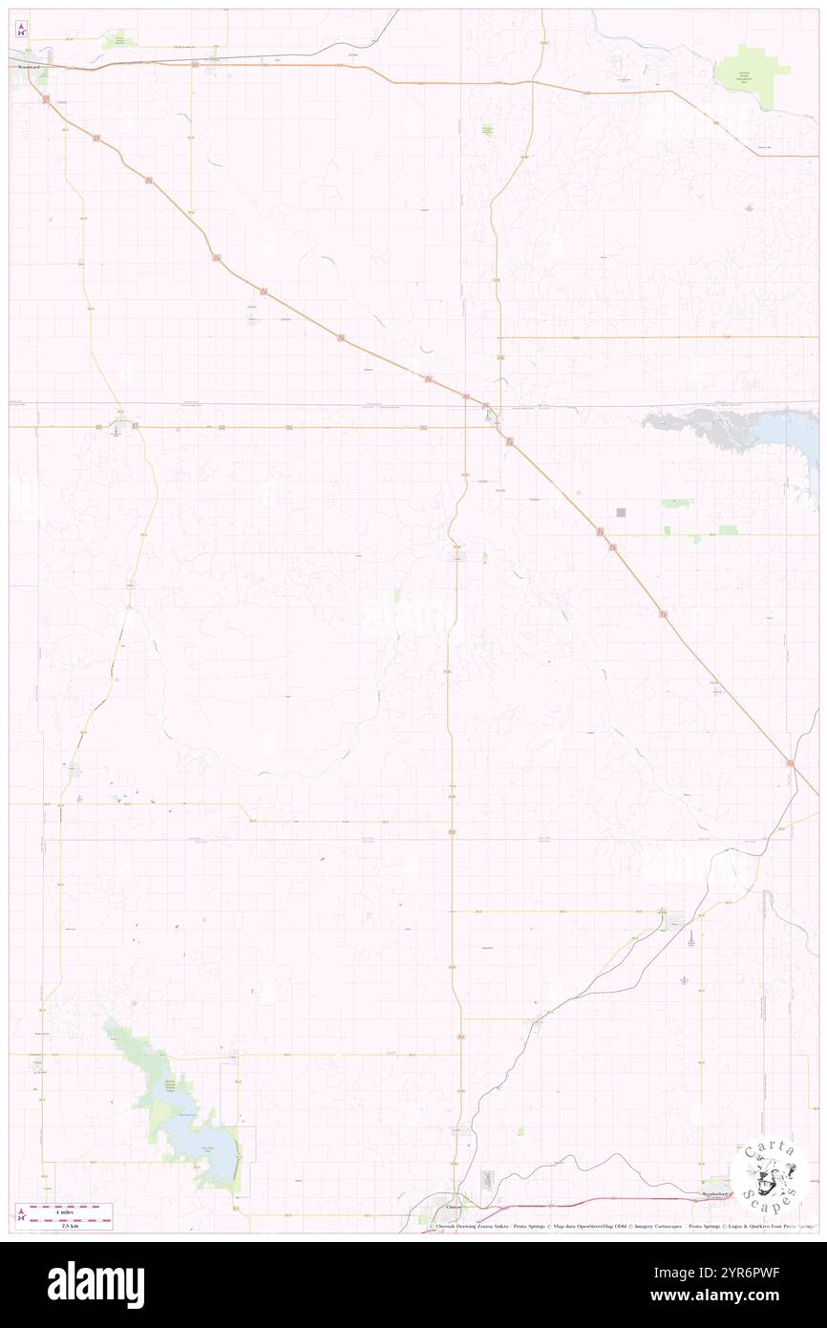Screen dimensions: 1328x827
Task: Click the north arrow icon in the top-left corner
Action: (21, 28)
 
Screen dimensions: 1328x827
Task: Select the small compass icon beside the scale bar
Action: (21, 1215)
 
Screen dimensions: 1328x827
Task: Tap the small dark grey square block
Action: (621, 513)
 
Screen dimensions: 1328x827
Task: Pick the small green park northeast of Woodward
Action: (118, 39)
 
